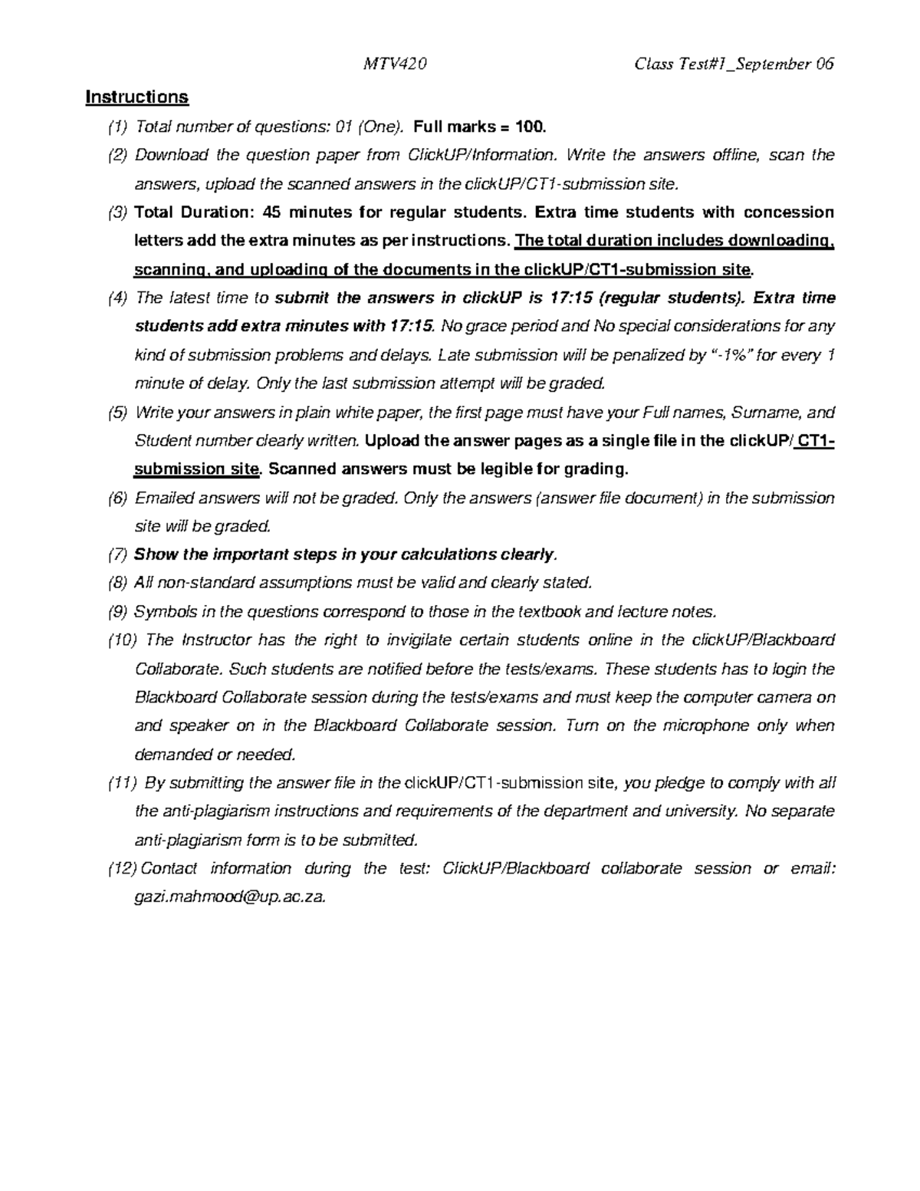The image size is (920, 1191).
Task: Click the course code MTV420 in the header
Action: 394,64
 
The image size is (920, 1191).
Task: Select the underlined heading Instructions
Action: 136,97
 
